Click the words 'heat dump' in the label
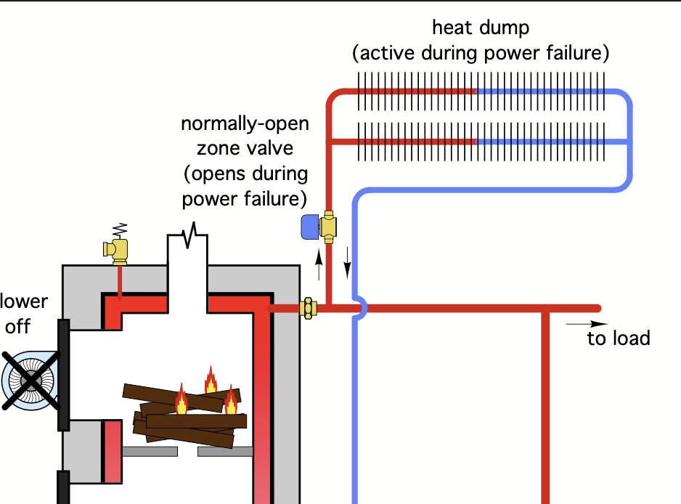pos(481,28)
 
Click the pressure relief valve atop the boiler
pos(117,250)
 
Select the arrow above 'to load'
pos(587,323)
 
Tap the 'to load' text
pos(619,338)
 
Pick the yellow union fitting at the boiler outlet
pos(308,308)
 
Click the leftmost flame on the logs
pos(182,399)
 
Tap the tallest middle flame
pos(211,380)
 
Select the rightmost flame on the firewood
pos(231,400)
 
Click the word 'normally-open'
pos(245,123)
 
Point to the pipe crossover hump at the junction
pos(358,308)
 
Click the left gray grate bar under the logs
pos(150,451)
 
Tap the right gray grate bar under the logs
pos(225,452)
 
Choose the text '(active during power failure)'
pos(481,53)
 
